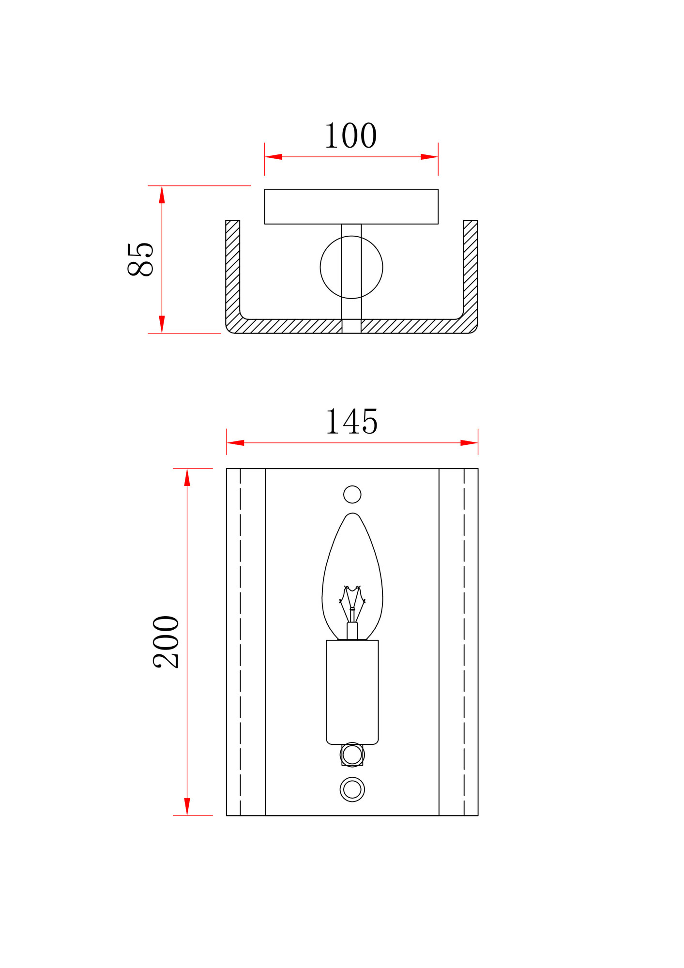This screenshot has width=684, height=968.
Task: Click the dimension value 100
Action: coord(350,136)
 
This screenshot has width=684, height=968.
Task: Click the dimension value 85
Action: coord(140,259)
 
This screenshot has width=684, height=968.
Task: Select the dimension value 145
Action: coord(351,422)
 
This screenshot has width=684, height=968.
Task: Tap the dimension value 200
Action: coord(166,642)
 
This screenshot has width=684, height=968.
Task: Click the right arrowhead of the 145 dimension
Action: coord(469,443)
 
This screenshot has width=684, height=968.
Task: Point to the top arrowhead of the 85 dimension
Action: coord(162,195)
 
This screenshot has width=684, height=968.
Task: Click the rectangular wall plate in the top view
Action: coord(351,207)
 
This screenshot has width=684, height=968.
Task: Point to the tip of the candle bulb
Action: coord(352,514)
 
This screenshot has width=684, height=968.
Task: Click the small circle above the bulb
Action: coord(352,494)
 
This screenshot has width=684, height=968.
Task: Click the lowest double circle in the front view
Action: coord(352,789)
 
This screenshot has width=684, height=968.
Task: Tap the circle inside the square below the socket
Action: coord(352,755)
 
